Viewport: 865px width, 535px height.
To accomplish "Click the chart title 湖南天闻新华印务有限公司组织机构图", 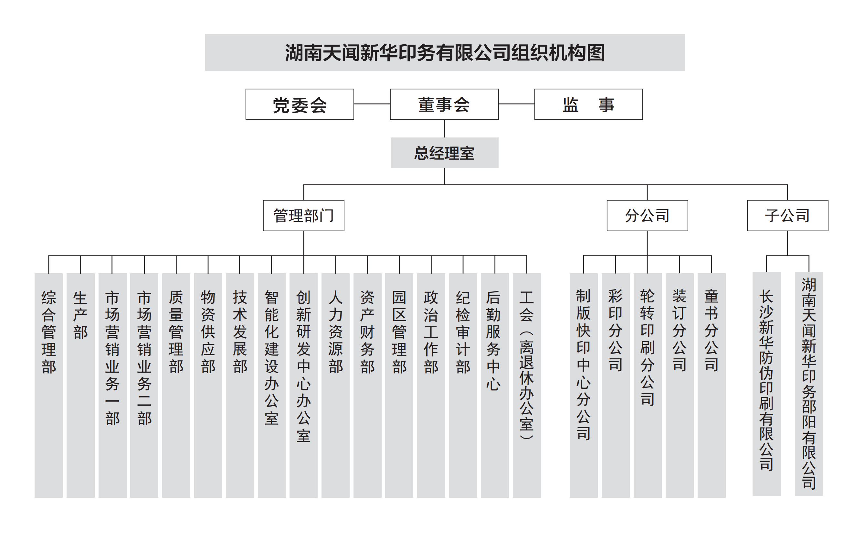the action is (445, 52).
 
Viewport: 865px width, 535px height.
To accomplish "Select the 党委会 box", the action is (300, 104).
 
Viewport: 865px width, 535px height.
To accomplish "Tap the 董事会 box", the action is (444, 104).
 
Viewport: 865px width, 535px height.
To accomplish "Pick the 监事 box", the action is (588, 104).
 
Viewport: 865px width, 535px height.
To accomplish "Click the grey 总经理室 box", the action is (444, 153).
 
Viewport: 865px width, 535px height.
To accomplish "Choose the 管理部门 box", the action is (304, 215).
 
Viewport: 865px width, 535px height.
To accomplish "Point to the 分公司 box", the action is (647, 215).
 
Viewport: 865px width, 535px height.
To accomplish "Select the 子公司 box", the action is (787, 215).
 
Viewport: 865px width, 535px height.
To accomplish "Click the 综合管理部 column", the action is (48, 385).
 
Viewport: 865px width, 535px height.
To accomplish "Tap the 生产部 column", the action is (80, 385).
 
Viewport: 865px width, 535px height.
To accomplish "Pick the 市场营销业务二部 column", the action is (144, 385).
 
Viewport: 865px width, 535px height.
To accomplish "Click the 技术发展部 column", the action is (240, 385).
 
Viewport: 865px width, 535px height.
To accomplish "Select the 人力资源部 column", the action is (335, 385).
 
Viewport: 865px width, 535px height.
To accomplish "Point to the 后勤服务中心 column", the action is (495, 385).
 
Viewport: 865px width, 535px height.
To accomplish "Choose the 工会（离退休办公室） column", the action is (527, 385).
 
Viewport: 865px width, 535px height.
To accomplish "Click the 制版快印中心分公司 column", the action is (584, 385).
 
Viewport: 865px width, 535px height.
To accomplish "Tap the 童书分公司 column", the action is (712, 385).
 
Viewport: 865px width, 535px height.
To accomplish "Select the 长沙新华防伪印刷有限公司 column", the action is (766, 384).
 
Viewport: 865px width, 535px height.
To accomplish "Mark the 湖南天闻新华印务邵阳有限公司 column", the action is (809, 384).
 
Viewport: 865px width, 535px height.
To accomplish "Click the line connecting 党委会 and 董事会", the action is (372, 104).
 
